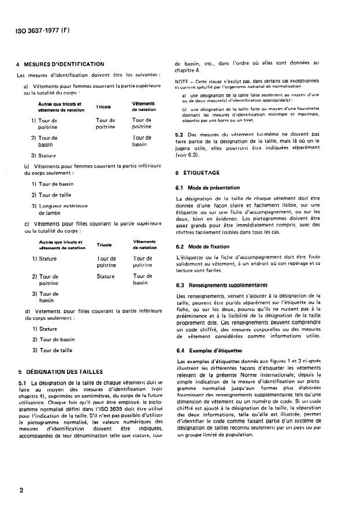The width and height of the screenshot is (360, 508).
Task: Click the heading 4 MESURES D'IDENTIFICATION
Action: (60, 64)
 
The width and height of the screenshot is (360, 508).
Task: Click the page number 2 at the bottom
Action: (21, 491)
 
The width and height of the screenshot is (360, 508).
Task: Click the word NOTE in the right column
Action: (183, 81)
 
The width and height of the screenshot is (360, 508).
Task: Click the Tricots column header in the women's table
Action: (103, 107)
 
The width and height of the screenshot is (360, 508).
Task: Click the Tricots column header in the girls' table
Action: (104, 245)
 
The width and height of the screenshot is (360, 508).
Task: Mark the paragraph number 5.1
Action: (23, 383)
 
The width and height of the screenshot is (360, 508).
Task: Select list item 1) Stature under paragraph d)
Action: (44, 329)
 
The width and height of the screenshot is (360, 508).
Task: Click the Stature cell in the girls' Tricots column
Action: (106, 277)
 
